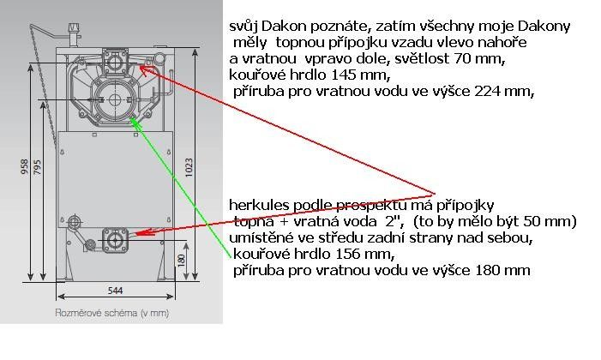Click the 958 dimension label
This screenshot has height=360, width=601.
point(25,167)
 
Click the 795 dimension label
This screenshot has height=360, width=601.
point(38,167)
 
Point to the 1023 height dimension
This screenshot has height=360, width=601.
point(189,167)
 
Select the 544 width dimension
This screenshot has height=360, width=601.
point(115,291)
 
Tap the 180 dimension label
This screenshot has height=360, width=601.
point(182,260)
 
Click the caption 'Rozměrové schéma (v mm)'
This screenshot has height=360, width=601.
point(112,313)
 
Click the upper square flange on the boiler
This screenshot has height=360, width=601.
point(114,61)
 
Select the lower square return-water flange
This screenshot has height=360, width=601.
point(115,240)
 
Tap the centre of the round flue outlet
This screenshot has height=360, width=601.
point(115,99)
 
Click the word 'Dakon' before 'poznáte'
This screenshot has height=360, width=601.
point(284,26)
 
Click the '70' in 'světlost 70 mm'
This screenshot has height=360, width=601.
point(462,58)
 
